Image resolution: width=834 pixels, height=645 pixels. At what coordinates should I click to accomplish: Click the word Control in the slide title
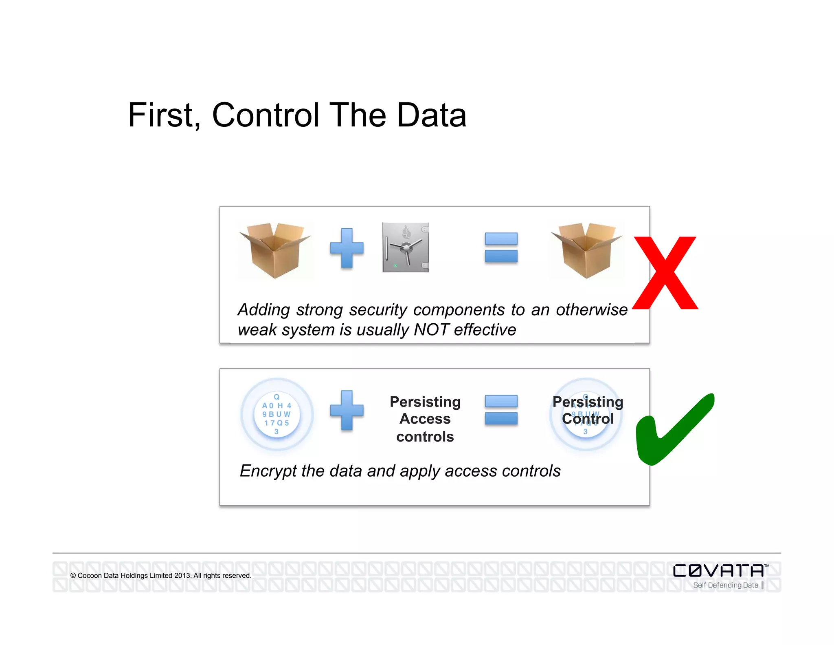click(x=266, y=115)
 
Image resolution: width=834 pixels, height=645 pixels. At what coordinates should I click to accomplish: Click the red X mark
click(x=665, y=273)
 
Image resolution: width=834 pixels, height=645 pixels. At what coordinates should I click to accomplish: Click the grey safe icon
click(x=406, y=247)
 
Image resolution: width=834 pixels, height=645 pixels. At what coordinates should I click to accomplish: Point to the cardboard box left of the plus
click(x=275, y=250)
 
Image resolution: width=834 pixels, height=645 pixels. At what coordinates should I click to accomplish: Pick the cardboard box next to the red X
click(x=586, y=250)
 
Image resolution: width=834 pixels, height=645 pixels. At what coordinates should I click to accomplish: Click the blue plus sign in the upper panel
click(x=347, y=248)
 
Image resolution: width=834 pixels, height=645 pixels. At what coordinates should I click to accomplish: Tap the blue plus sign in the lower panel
click(x=347, y=410)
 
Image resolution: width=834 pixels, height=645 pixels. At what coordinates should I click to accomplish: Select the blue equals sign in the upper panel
click(x=501, y=247)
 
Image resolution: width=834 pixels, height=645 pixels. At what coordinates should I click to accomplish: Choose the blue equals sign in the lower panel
click(x=501, y=410)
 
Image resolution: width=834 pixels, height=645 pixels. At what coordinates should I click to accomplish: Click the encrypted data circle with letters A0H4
click(x=277, y=414)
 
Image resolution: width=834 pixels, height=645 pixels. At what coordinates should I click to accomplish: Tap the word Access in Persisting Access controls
click(x=425, y=419)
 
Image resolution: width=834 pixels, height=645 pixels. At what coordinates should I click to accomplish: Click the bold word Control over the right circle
click(x=588, y=419)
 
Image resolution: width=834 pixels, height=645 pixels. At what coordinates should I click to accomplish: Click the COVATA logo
click(x=719, y=570)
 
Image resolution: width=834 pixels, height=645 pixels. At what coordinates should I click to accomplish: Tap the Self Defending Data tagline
click(x=725, y=585)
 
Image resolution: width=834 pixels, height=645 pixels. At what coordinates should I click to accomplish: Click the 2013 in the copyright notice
click(x=182, y=576)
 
